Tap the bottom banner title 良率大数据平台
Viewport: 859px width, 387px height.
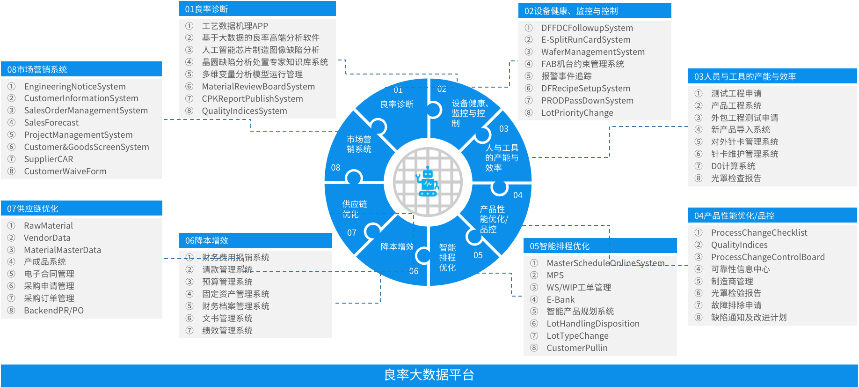(x=429, y=375)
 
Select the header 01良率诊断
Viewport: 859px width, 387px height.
(x=206, y=9)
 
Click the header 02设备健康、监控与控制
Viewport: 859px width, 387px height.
(x=571, y=11)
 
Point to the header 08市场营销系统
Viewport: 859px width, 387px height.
(x=37, y=69)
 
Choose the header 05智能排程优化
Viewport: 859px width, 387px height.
(x=560, y=246)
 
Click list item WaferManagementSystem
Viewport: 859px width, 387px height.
(x=593, y=52)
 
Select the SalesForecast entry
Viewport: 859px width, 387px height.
(x=51, y=123)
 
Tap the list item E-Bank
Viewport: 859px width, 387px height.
(x=561, y=300)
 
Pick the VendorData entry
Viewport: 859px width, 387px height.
(x=47, y=238)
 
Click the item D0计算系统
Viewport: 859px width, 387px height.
(x=733, y=166)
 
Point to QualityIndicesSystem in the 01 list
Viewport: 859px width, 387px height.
(x=244, y=111)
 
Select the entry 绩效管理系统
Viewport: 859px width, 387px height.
(x=227, y=331)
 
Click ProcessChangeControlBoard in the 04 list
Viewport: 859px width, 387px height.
(x=768, y=257)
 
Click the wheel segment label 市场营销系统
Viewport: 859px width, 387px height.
(x=359, y=144)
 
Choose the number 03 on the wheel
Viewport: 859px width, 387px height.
(x=503, y=129)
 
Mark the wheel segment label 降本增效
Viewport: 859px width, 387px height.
(x=397, y=246)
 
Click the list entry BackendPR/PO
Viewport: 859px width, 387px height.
(x=54, y=311)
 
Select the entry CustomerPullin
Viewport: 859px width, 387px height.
(x=577, y=348)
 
